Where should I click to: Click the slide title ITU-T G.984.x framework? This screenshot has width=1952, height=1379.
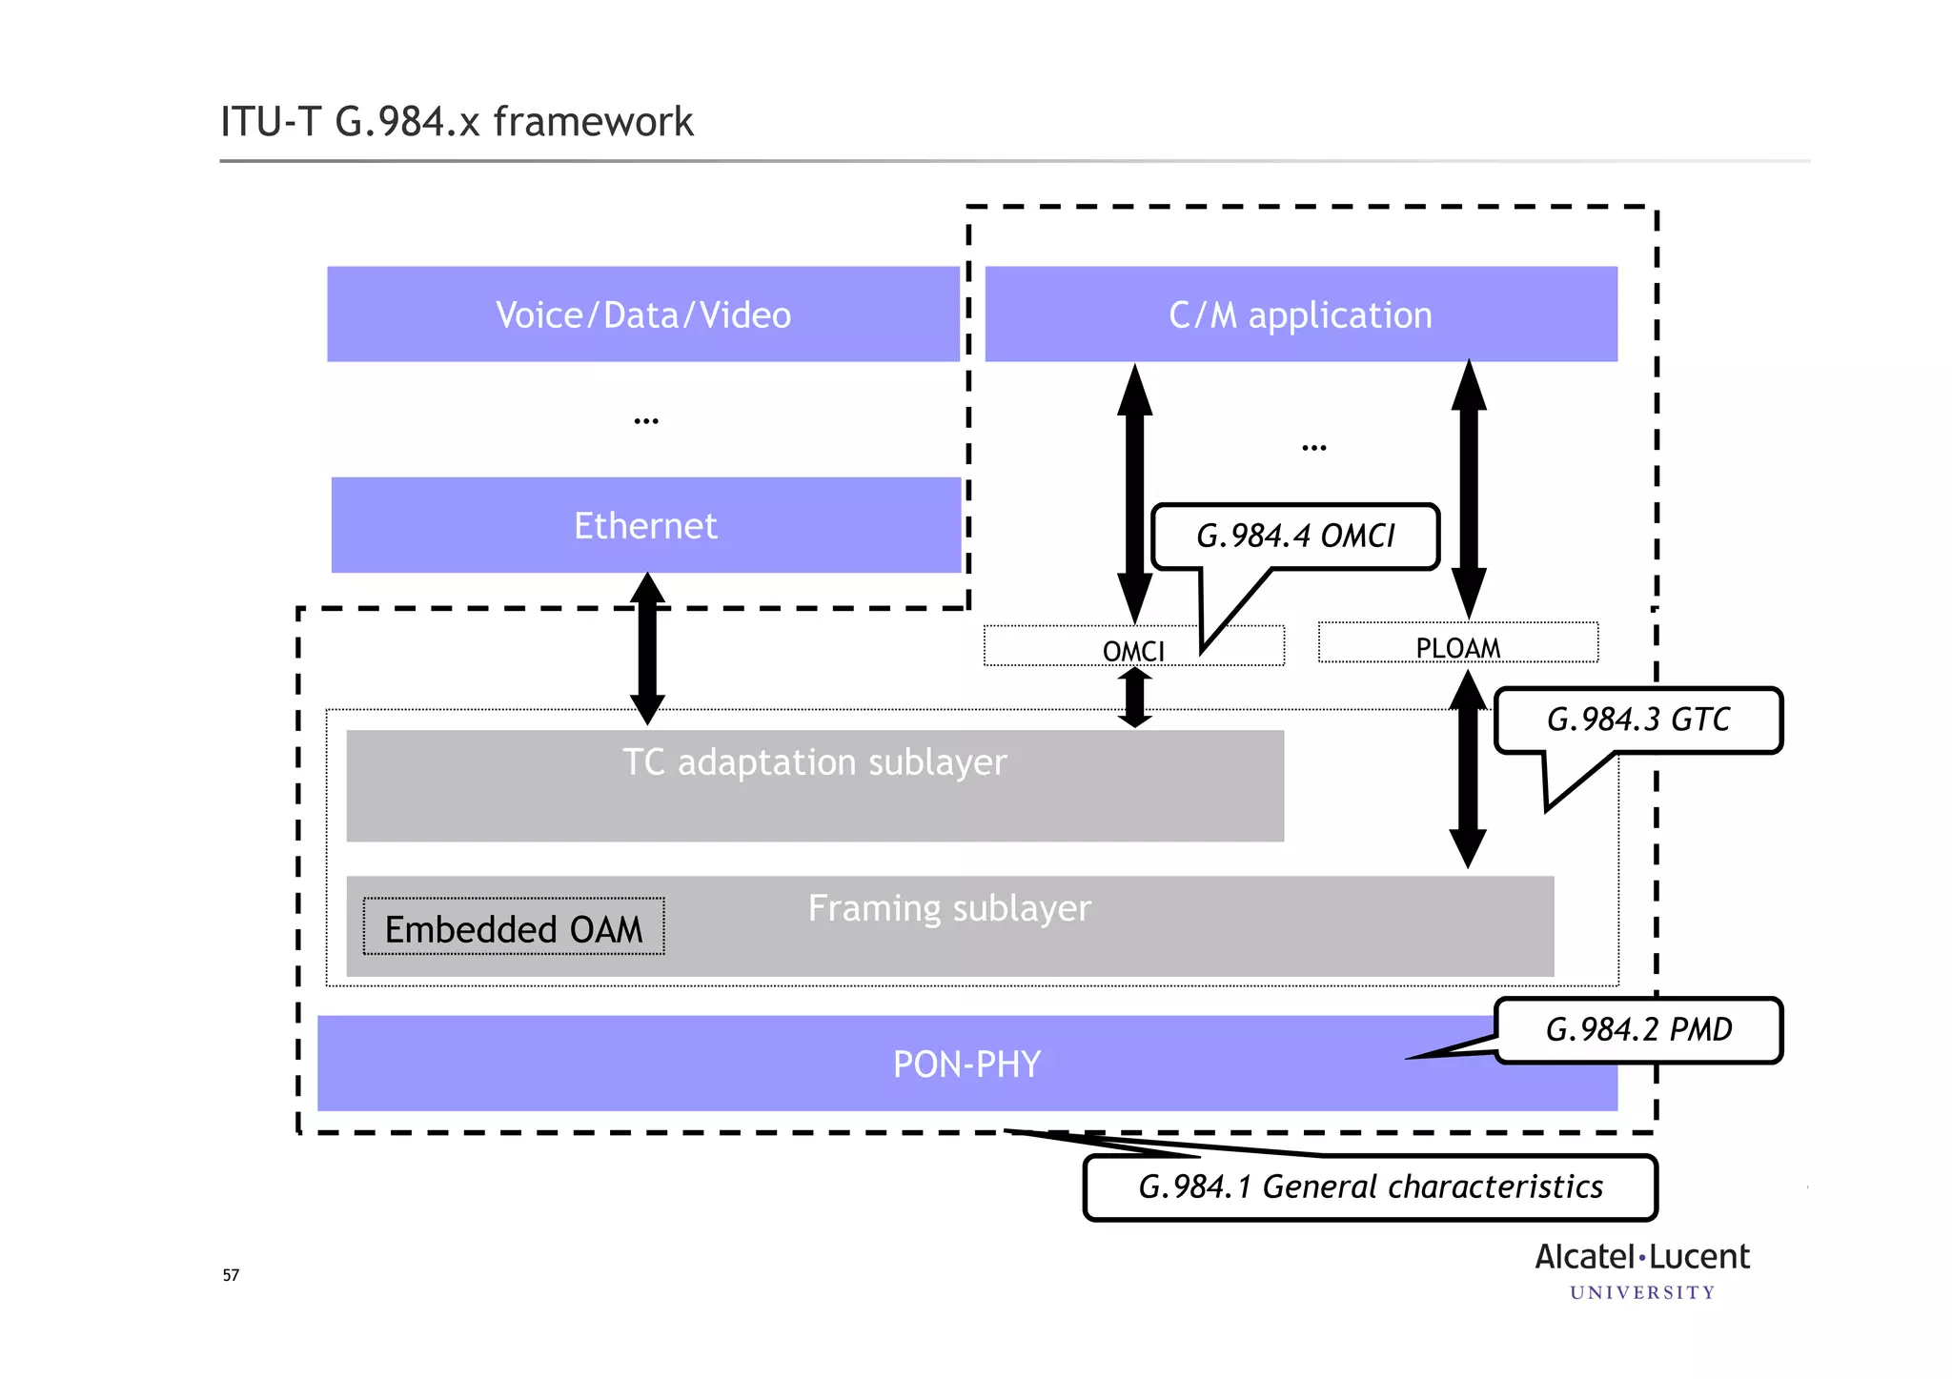click(x=457, y=122)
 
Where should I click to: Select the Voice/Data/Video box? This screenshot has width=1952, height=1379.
click(x=643, y=314)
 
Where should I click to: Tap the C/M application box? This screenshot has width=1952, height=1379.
click(x=1300, y=314)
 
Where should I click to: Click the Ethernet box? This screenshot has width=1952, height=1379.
click(x=645, y=525)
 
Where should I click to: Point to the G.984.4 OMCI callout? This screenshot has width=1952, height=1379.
click(x=1294, y=537)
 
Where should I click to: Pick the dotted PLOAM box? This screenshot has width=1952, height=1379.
click(x=1457, y=644)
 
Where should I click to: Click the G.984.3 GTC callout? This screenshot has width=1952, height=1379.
click(x=1637, y=720)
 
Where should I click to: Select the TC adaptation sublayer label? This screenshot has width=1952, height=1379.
click(x=814, y=762)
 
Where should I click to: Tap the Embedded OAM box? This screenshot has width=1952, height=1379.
click(x=514, y=927)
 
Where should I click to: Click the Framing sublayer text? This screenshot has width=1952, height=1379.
click(x=949, y=908)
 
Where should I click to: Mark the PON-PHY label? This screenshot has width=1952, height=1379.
click(x=966, y=1064)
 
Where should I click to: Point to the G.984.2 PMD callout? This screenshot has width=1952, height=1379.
click(x=1637, y=1030)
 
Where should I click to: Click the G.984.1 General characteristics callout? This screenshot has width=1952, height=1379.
click(x=1370, y=1187)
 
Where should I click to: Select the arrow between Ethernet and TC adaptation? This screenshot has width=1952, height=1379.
click(x=647, y=648)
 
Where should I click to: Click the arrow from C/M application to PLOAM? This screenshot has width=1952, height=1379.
click(x=1469, y=488)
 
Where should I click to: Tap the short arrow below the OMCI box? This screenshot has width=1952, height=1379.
click(x=1134, y=698)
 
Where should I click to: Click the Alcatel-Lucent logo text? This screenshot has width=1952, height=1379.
click(x=1641, y=1258)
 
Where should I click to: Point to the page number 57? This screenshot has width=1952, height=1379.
click(x=231, y=1275)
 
